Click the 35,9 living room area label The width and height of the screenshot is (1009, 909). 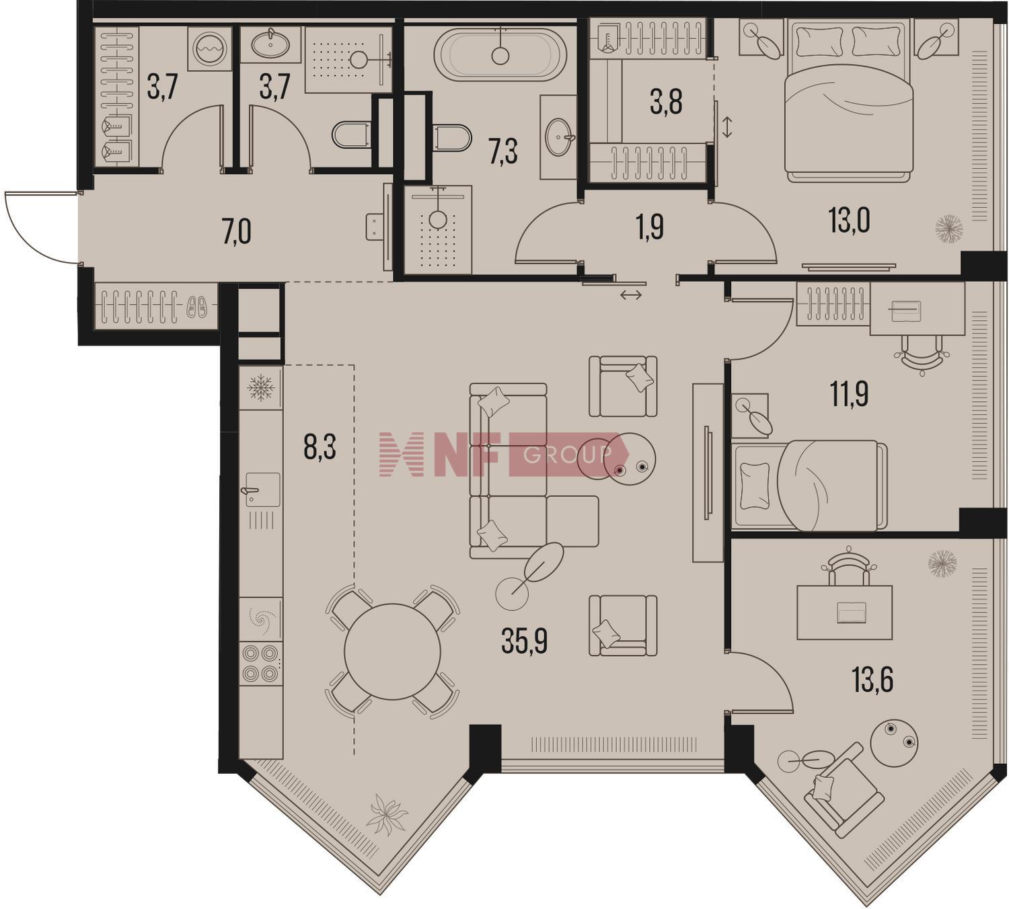tap(524, 641)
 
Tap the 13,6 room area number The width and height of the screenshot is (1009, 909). tap(872, 680)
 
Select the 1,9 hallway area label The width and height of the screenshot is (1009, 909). tap(650, 227)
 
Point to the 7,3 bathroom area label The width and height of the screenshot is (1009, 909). tap(503, 153)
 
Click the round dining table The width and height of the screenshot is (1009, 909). tap(392, 651)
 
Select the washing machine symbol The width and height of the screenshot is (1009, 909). tap(210, 49)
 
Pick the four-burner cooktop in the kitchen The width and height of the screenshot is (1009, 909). tap(260, 663)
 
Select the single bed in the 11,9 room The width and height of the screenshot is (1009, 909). tap(810, 485)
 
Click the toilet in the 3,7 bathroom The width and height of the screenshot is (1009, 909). tap(351, 134)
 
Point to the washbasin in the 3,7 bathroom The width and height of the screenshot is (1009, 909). tap(270, 44)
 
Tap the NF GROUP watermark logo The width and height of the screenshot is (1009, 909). tap(503, 454)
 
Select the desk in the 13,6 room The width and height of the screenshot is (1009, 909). tap(844, 612)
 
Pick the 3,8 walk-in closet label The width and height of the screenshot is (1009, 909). tap(665, 103)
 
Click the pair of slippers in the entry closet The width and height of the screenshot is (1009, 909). tap(196, 306)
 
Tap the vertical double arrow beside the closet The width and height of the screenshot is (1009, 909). tap(727, 127)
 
